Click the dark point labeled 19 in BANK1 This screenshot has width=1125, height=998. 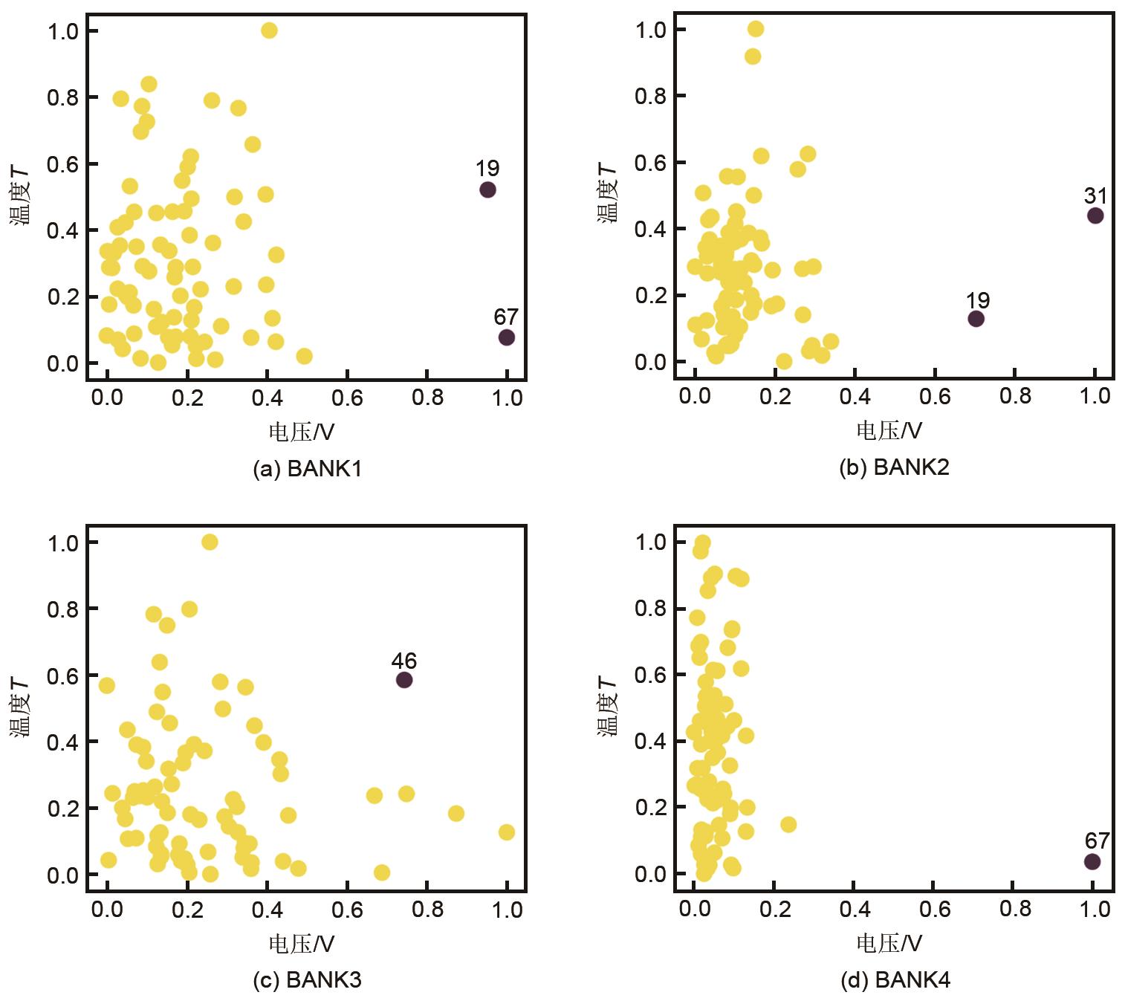487,189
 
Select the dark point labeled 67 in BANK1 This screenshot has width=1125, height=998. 506,337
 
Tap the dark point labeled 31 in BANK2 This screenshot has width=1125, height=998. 1095,216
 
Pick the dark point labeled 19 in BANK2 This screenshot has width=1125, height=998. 976,319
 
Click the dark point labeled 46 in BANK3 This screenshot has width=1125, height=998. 404,679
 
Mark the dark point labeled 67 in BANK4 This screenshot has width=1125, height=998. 1092,861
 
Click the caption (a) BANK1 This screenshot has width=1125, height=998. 307,469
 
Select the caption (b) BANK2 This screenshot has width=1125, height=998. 894,467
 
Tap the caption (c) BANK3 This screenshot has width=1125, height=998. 307,980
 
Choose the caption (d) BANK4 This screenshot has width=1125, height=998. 895,981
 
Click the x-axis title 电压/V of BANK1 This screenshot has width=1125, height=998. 301,432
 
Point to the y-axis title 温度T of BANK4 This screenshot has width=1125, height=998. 608,706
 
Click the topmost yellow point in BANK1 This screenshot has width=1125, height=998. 269,30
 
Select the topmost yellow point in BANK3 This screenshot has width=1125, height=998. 210,542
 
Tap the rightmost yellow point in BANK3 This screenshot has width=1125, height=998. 506,832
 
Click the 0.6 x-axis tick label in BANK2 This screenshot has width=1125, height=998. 935,395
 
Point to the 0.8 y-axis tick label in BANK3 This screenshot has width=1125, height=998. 62,609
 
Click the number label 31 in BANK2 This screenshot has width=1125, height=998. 1095,196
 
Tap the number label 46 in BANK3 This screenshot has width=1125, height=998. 404,661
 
